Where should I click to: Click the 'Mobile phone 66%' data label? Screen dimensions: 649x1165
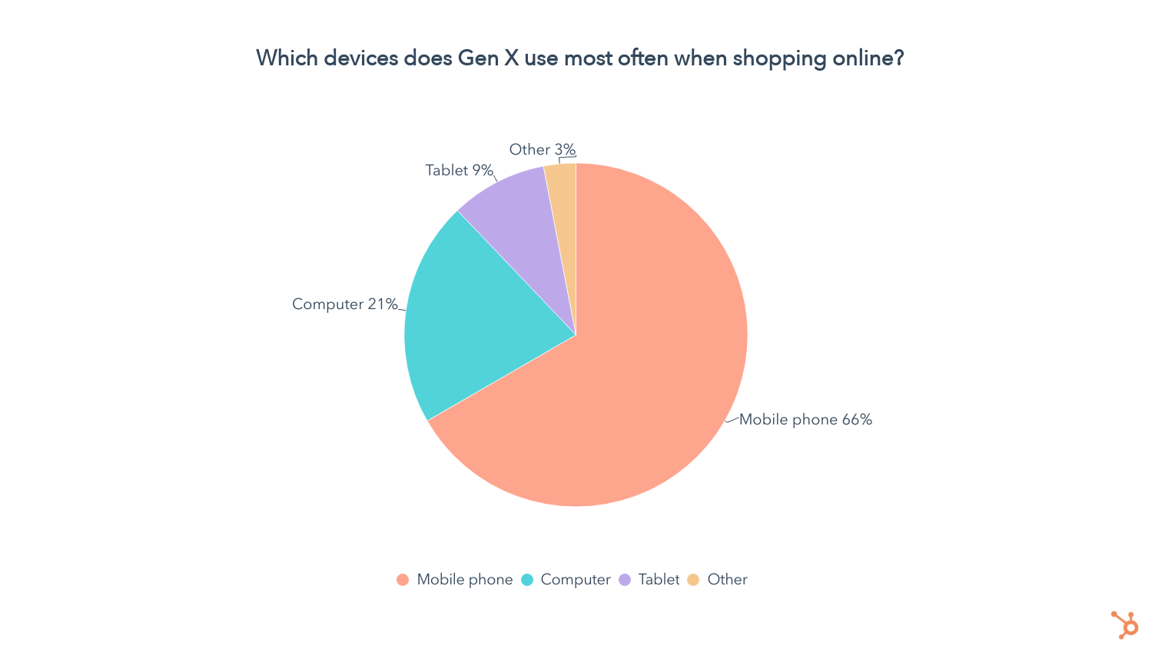tap(805, 420)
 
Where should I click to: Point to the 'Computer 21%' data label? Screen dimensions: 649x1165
tap(345, 305)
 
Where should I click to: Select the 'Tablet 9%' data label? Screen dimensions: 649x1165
tap(459, 171)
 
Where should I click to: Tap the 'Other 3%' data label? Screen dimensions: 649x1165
tap(542, 150)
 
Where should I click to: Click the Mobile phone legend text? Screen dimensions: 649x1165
tap(464, 580)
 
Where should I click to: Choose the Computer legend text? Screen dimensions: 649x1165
tap(575, 580)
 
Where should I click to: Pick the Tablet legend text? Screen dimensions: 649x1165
tap(659, 580)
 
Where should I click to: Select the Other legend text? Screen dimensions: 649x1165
tap(727, 580)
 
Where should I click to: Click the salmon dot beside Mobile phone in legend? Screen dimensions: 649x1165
tap(403, 580)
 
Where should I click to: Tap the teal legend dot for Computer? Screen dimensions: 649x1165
tap(527, 580)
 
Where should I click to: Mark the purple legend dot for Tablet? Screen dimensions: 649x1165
tap(625, 580)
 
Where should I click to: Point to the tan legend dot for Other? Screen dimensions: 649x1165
tap(693, 580)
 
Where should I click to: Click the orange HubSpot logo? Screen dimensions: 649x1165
tap(1125, 624)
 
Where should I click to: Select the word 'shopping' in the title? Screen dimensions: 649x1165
tap(769, 58)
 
